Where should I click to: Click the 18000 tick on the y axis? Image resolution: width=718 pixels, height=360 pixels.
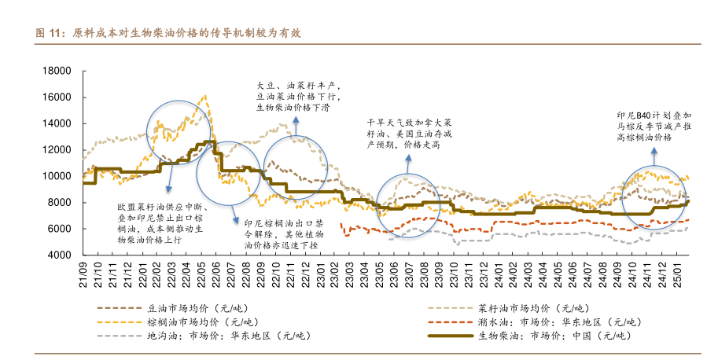click(60, 72)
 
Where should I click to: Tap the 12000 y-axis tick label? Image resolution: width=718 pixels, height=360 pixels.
click(60, 150)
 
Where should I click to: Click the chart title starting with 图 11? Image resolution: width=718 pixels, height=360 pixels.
click(169, 34)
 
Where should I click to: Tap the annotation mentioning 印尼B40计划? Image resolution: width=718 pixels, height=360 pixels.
click(654, 126)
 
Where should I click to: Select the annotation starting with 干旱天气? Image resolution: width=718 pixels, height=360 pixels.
click(410, 134)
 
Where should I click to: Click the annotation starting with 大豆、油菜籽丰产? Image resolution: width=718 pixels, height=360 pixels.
click(298, 96)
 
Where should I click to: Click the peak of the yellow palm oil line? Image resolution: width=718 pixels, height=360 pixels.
click(205, 97)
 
